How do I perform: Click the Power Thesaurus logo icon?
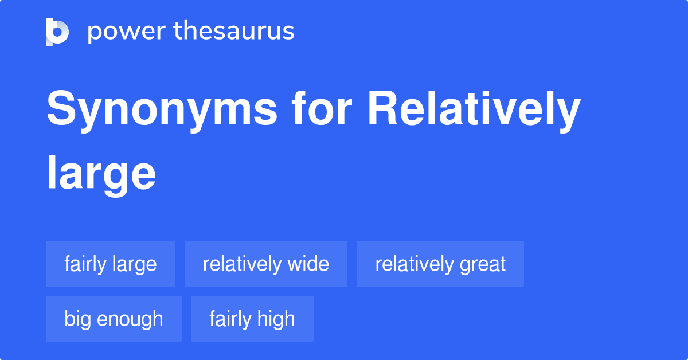pos(57,32)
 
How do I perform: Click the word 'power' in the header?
pos(124,32)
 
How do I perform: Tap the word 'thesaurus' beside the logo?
pos(234,32)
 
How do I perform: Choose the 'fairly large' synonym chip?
pos(111,264)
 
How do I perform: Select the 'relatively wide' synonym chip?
pos(266,264)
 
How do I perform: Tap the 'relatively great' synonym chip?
pos(440,264)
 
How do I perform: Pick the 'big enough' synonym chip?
pos(114,319)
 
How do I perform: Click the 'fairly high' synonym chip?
pos(252,319)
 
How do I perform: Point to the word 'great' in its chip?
pos(483,264)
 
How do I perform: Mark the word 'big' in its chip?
pos(77,319)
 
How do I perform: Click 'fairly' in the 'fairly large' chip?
pos(85,264)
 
